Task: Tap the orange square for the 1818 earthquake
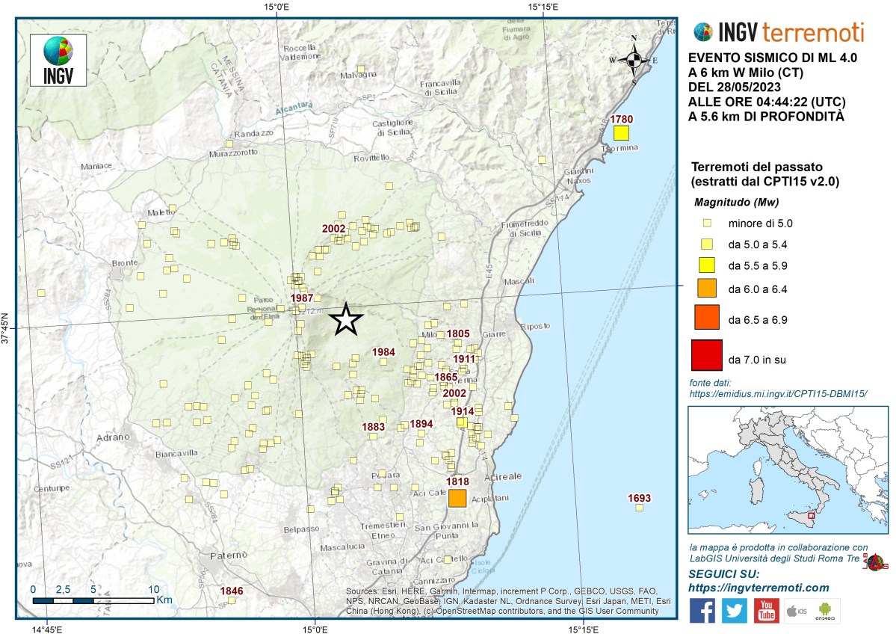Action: click(457, 499)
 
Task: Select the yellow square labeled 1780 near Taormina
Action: click(620, 133)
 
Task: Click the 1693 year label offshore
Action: click(640, 498)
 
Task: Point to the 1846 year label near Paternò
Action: click(232, 591)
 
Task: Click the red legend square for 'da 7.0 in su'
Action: click(707, 355)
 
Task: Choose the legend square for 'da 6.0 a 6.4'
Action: click(707, 287)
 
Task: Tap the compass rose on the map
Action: click(634, 60)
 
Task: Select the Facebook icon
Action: click(702, 610)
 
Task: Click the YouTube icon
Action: click(766, 610)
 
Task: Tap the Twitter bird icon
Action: click(734, 610)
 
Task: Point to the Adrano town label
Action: click(113, 437)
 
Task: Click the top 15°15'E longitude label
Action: click(544, 7)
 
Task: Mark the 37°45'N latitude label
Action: click(7, 327)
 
